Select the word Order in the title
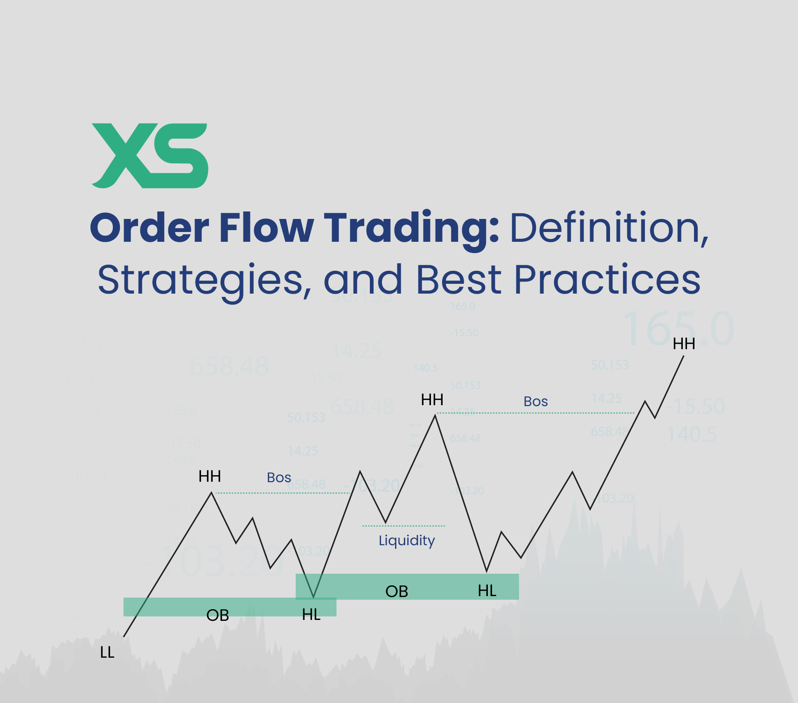(x=149, y=228)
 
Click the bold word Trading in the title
(x=410, y=228)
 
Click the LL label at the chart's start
(x=107, y=653)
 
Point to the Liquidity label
(x=407, y=541)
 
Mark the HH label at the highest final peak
(x=684, y=344)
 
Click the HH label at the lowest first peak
(x=209, y=477)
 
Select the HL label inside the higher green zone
(x=487, y=591)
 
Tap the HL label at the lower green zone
(x=311, y=615)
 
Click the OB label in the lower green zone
(x=217, y=615)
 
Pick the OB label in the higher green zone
(x=396, y=591)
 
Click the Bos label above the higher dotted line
(x=535, y=401)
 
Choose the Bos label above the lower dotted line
(x=279, y=478)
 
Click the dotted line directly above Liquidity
(x=403, y=526)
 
